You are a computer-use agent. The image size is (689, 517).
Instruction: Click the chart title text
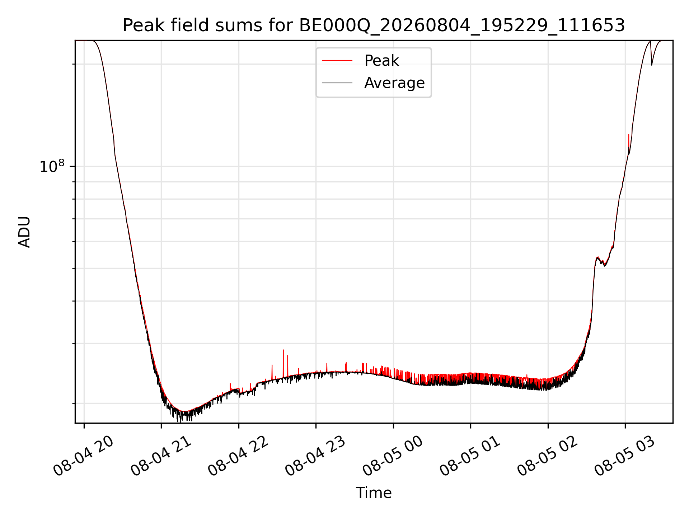pos(374,25)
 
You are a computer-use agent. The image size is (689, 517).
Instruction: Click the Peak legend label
pos(381,61)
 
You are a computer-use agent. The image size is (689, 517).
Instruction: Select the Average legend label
pos(394,83)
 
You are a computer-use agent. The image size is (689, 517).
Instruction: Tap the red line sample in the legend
pos(337,61)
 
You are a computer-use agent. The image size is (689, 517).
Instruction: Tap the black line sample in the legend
pos(337,83)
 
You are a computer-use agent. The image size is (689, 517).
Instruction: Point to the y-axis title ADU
pos(24,232)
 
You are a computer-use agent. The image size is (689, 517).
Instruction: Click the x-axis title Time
pos(374,493)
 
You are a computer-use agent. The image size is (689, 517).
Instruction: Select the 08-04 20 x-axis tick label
pos(84,456)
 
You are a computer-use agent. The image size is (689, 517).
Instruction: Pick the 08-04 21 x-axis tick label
pos(161,456)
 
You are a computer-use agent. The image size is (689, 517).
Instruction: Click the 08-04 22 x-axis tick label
pos(238,456)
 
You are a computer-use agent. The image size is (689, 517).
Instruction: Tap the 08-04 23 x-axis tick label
pos(316,456)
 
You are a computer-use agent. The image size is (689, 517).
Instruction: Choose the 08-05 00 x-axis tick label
pos(393,456)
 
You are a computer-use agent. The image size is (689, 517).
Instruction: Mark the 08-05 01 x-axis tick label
pos(470,456)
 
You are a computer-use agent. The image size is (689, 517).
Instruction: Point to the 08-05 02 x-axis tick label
pos(548,456)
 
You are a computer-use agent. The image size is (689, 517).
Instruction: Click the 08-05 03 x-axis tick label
pos(625,456)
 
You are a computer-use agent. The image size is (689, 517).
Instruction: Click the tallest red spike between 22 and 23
pos(283,363)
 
